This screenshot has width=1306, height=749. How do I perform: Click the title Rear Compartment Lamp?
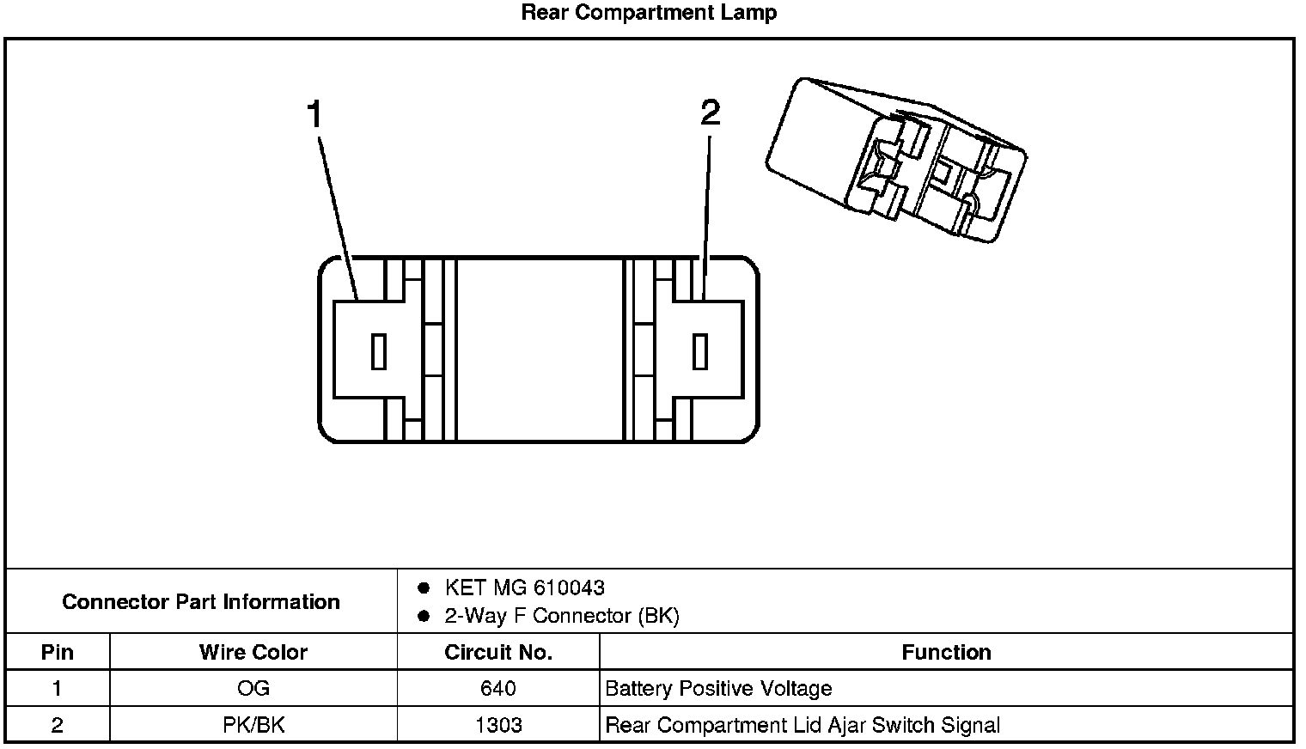pyautogui.click(x=649, y=13)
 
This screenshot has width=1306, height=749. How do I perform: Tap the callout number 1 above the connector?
pyautogui.click(x=315, y=114)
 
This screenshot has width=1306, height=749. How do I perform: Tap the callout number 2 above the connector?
pyautogui.click(x=710, y=113)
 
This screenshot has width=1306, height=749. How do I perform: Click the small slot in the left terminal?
pyautogui.click(x=378, y=351)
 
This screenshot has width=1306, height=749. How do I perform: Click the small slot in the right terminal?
pyautogui.click(x=700, y=351)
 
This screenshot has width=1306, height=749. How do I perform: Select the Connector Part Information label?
pyautogui.click(x=201, y=602)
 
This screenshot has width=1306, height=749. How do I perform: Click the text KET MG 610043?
pyautogui.click(x=524, y=588)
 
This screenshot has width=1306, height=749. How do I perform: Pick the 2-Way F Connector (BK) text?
pyautogui.click(x=561, y=617)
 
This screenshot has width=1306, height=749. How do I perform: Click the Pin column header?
pyautogui.click(x=58, y=653)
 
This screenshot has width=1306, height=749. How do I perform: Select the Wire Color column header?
pyautogui.click(x=253, y=653)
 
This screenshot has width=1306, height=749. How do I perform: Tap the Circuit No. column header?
pyautogui.click(x=498, y=653)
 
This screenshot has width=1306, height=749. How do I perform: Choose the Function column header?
pyautogui.click(x=946, y=653)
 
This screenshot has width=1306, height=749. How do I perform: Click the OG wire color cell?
pyautogui.click(x=253, y=689)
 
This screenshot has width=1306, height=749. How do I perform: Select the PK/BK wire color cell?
pyautogui.click(x=253, y=726)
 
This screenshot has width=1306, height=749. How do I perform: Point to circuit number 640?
pyautogui.click(x=498, y=689)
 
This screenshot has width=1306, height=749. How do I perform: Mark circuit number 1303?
pyautogui.click(x=498, y=726)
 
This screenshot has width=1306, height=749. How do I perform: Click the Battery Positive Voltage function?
pyautogui.click(x=718, y=689)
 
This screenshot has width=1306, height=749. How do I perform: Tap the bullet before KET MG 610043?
pyautogui.click(x=423, y=588)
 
